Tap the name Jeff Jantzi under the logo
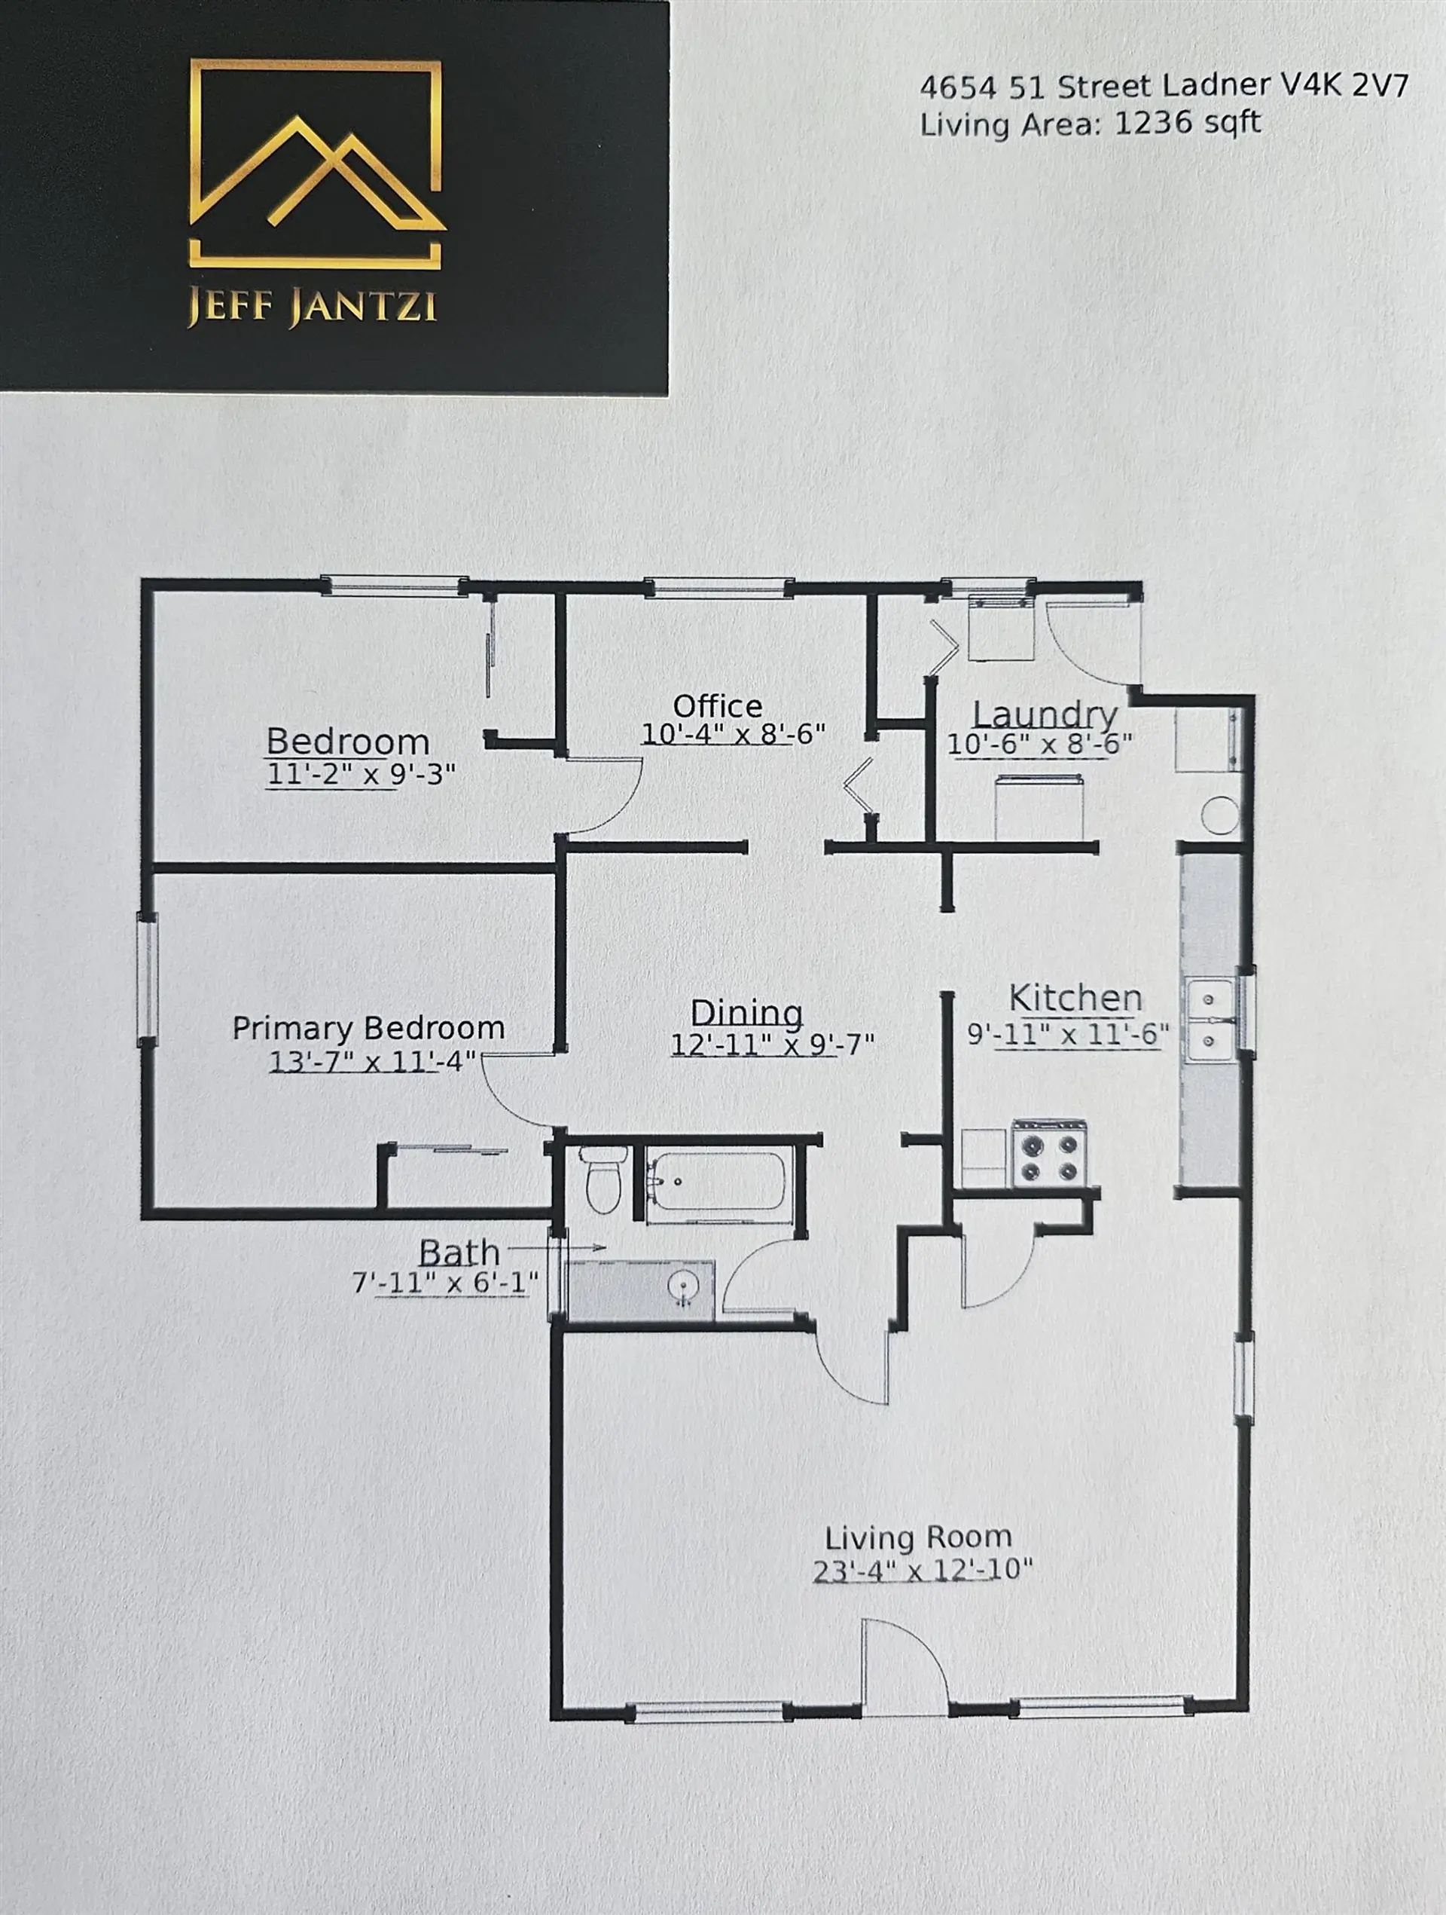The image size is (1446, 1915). (313, 307)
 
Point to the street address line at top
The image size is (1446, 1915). (1163, 86)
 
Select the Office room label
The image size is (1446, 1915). (718, 705)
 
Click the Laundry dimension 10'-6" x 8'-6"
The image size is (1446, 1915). (1039, 744)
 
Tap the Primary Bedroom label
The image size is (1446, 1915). (368, 1028)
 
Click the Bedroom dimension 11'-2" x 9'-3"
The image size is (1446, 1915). (361, 773)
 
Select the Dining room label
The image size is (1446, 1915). (746, 1012)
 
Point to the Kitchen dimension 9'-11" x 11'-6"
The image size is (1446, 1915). (1068, 1034)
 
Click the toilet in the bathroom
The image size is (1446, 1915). (602, 1180)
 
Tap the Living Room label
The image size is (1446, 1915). (918, 1537)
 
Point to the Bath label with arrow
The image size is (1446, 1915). (459, 1252)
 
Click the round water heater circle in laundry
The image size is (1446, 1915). (1219, 815)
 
